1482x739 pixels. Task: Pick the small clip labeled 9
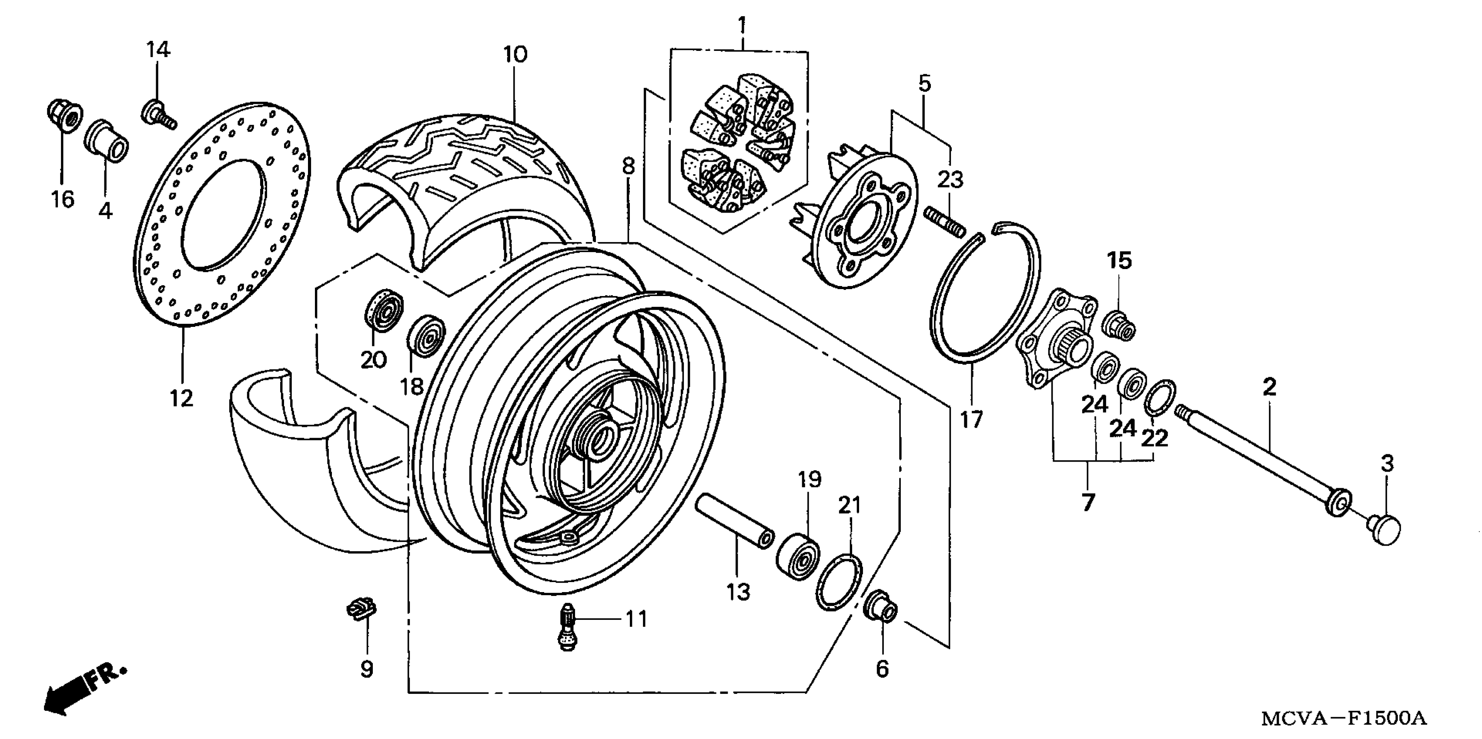click(361, 609)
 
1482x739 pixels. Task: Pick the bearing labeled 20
click(383, 312)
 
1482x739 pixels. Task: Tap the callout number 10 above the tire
click(515, 55)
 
